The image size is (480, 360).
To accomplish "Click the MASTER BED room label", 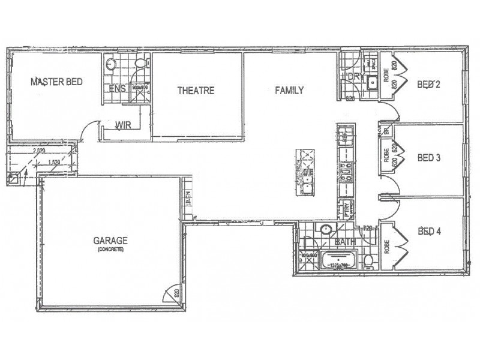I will point(56,82).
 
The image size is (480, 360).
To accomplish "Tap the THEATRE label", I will point(196,91).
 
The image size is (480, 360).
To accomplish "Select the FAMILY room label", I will point(289,91).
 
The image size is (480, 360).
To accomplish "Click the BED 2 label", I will point(428,85).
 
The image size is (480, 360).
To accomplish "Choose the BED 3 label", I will point(429,158).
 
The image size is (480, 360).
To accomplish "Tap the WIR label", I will point(124,125).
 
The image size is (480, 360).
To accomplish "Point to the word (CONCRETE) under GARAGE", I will point(108,250).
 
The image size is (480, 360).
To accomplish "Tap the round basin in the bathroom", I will point(326,229).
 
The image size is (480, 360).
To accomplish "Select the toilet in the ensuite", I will point(139,64).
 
